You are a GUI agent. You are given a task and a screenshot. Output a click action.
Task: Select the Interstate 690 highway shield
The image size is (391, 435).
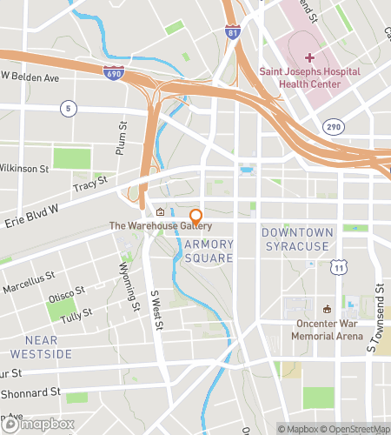click(112, 74)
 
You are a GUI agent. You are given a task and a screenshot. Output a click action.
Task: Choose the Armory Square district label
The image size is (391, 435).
click(209, 251)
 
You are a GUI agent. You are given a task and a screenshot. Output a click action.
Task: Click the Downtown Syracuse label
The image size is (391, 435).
click(295, 239)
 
